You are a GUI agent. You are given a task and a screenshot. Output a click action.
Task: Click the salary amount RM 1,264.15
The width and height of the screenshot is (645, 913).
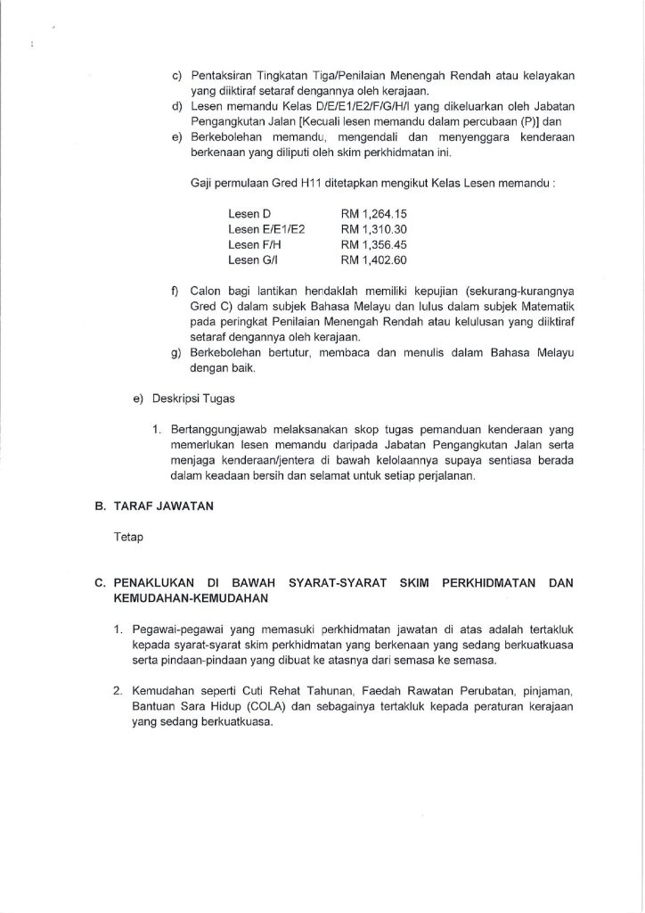pos(374,215)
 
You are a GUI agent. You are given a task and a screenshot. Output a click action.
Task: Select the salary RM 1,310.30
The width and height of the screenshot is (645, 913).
pos(374,230)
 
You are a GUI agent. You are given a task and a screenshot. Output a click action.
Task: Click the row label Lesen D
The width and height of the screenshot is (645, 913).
pos(249,215)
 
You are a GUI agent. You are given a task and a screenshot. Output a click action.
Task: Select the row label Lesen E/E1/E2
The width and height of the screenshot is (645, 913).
pos(266,230)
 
